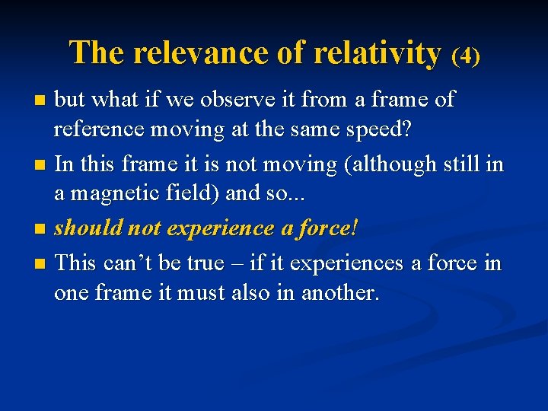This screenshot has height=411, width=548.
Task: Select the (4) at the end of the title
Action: (x=466, y=56)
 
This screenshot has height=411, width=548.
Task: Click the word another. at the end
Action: (x=340, y=294)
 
